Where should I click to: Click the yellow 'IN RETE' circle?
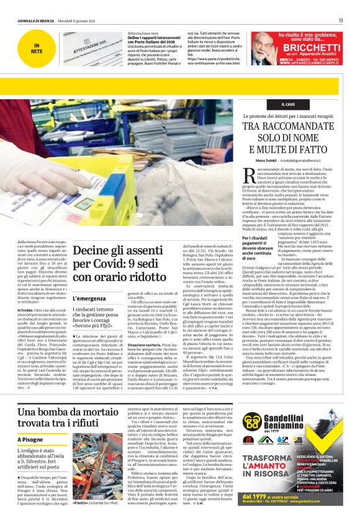click(x=37, y=48)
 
